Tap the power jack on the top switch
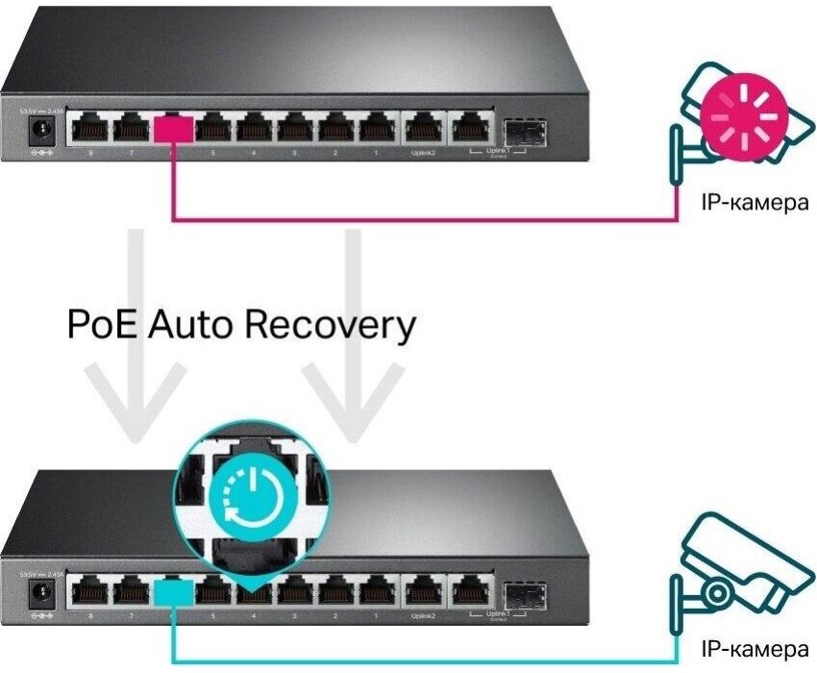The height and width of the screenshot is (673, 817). pyautogui.click(x=40, y=129)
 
